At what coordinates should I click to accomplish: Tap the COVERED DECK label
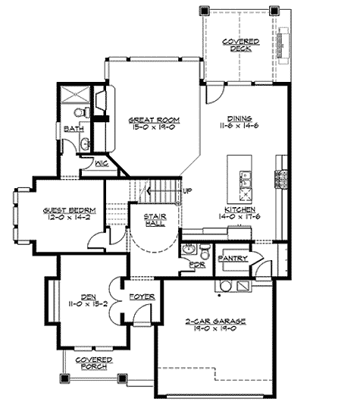(x=239, y=44)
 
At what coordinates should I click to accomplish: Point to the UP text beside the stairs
(x=186, y=190)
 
